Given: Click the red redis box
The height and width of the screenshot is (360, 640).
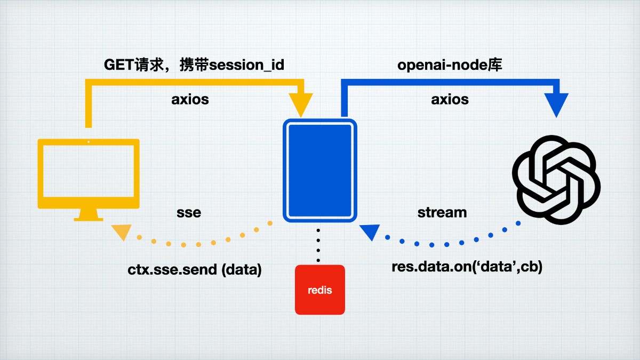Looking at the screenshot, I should coord(320,290).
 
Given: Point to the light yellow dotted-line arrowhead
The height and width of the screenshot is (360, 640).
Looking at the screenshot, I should coord(122,231).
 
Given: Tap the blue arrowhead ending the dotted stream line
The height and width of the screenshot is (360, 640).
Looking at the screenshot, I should coord(370,233).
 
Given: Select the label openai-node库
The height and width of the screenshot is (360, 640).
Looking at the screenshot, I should coord(450,65).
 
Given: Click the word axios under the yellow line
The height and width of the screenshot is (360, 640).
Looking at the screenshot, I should coord(190,99).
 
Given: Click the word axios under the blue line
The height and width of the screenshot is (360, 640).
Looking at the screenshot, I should coord(450,99).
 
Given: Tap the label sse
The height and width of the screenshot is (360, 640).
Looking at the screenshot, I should coord(189,212).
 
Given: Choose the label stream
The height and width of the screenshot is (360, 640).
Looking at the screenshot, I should coord(442,212).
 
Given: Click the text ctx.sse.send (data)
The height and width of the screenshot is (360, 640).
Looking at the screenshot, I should coord(195,270).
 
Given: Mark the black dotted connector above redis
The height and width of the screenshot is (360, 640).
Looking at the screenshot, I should coord(318,245).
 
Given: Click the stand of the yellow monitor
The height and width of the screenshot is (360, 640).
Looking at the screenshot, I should coord(89,214).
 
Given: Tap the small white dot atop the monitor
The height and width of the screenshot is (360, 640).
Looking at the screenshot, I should coord(89,142).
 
